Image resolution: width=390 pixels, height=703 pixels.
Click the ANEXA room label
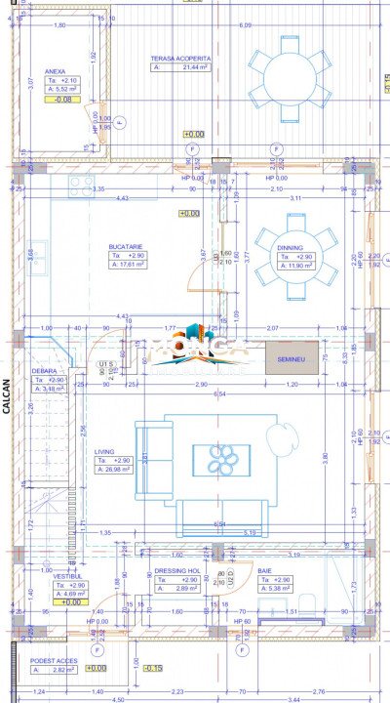click(x=56, y=70)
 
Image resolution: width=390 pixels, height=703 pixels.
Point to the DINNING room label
click(x=290, y=248)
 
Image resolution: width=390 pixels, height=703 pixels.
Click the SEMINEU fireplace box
click(x=292, y=358)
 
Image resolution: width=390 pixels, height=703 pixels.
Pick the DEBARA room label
click(x=44, y=371)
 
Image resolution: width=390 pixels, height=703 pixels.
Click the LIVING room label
click(x=104, y=452)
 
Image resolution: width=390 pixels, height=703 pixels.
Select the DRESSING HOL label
click(x=177, y=571)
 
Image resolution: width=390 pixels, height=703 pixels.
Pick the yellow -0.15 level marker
click(x=152, y=668)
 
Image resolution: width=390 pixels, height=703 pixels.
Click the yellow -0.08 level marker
click(x=62, y=100)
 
